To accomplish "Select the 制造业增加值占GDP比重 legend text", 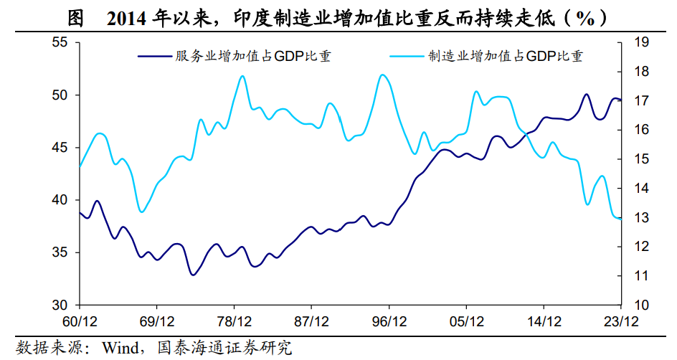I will click(x=506, y=56).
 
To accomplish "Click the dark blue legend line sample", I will click(x=153, y=55).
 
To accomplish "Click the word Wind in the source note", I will click(x=122, y=349).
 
